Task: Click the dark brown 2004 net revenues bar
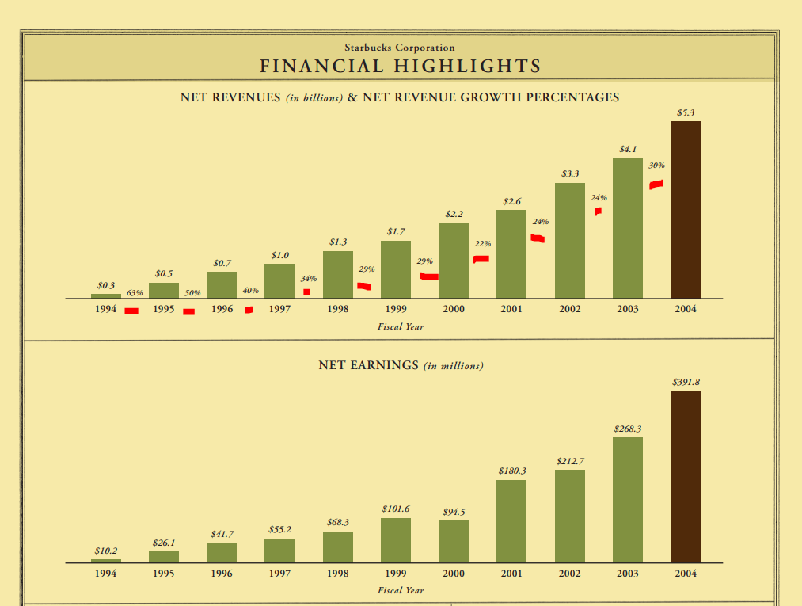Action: [x=685, y=210]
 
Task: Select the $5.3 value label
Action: [x=686, y=113]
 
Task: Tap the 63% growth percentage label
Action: [x=135, y=293]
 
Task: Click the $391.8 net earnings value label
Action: [x=686, y=382]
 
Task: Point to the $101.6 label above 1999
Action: [x=396, y=509]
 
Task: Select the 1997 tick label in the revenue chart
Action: [x=279, y=310]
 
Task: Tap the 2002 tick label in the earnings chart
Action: [x=570, y=574]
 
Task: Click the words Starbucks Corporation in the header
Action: [x=400, y=48]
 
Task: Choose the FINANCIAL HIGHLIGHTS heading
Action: [x=400, y=66]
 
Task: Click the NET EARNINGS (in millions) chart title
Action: [x=401, y=365]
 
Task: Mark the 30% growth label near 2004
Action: [x=656, y=166]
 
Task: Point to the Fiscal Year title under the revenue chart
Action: [x=401, y=326]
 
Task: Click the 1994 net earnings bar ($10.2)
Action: [x=106, y=560]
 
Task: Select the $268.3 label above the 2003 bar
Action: [x=628, y=429]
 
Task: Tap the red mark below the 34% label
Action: [x=306, y=292]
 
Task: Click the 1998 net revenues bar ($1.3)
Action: [x=338, y=274]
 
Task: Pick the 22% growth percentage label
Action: [x=483, y=244]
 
